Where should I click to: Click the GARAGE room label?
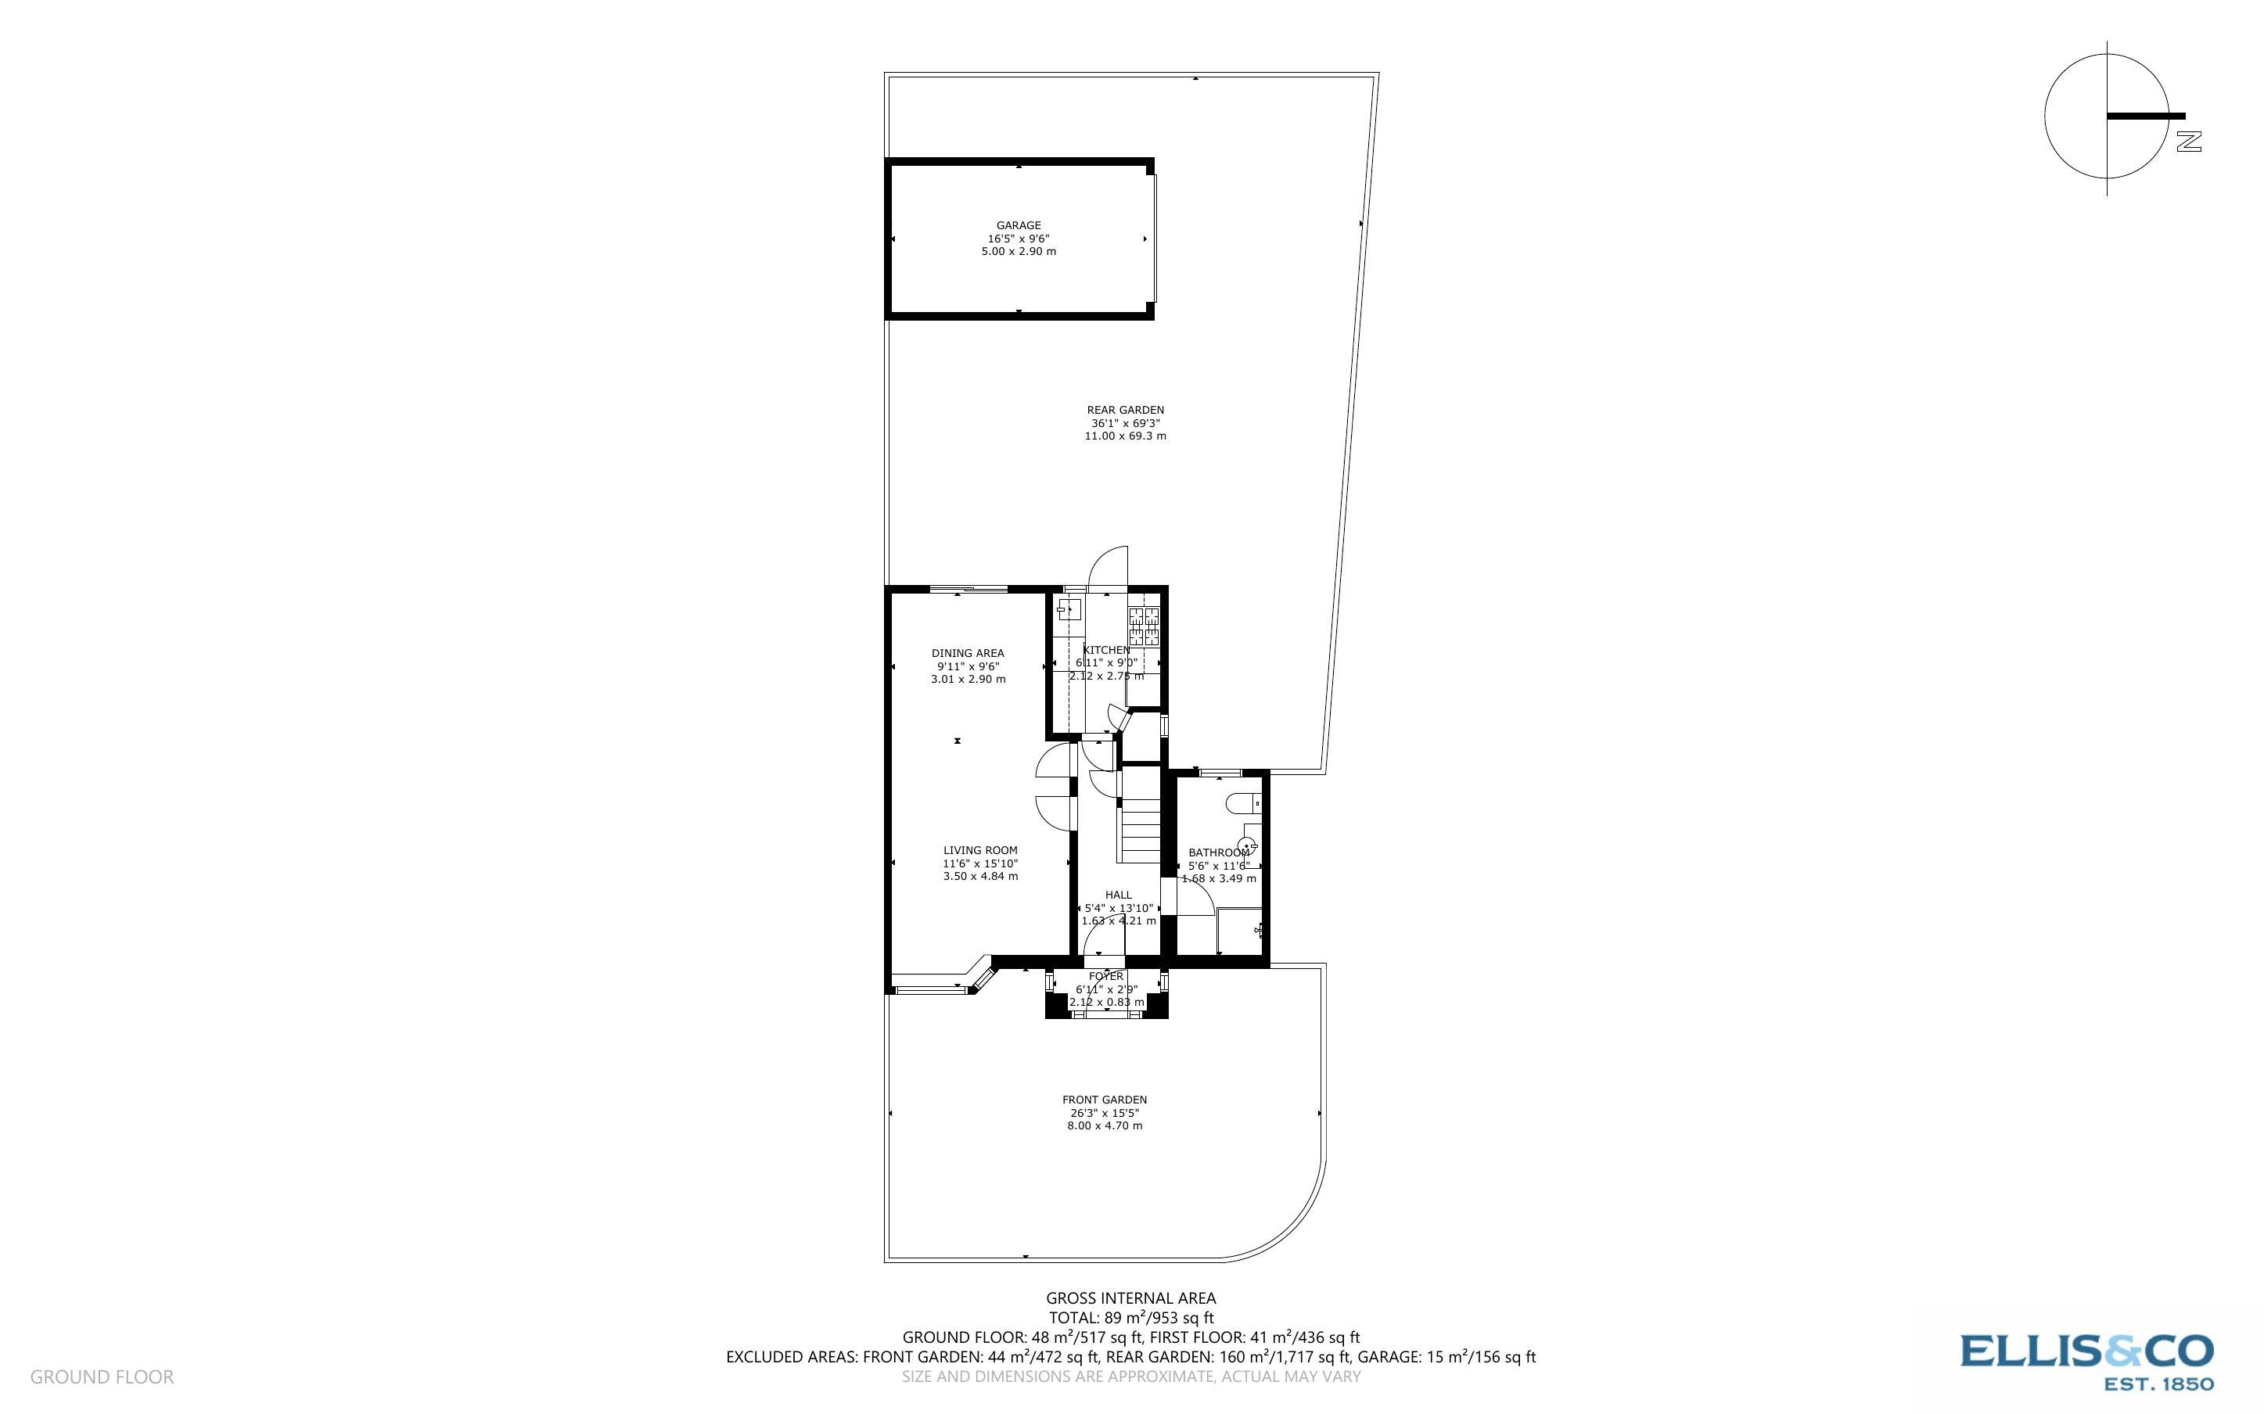click(x=1018, y=225)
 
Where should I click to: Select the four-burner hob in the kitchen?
click(x=1145, y=627)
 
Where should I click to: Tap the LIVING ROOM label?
click(x=980, y=850)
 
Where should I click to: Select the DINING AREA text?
click(x=968, y=653)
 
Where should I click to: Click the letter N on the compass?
click(x=2188, y=142)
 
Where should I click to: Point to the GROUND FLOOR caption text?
click(x=102, y=1376)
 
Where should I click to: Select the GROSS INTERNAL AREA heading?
click(x=1130, y=1298)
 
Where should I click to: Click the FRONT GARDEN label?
click(x=1105, y=1100)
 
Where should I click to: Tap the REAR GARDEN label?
click(x=1125, y=410)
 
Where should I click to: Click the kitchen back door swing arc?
click(x=1109, y=565)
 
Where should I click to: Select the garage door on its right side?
click(x=1154, y=239)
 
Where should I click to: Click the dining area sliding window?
click(x=968, y=589)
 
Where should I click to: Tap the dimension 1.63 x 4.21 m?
click(x=1119, y=921)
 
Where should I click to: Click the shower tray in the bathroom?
click(x=1239, y=931)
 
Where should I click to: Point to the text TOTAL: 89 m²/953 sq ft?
click(x=1130, y=1318)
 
